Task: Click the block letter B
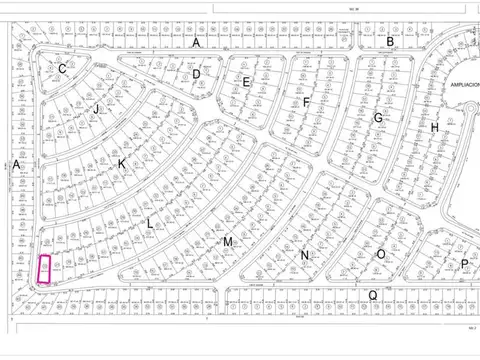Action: coord(391,41)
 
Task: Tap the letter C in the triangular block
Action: coord(62,69)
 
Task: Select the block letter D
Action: coord(197,74)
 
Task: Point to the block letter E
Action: coord(246,81)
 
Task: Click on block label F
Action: coord(307,102)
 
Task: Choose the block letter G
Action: coord(378,117)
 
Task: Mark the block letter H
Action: coord(434,128)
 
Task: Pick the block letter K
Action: coord(122,163)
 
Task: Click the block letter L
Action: coord(150,224)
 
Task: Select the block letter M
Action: coord(228,242)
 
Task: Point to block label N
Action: coord(304,255)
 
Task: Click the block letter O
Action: coord(381,254)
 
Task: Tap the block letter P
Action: coord(464,264)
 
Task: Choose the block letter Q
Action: coord(373,294)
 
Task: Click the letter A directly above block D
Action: coord(197,43)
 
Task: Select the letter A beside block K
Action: coord(17,164)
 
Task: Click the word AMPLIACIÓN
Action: coord(465,86)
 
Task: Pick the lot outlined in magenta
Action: coord(44,268)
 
